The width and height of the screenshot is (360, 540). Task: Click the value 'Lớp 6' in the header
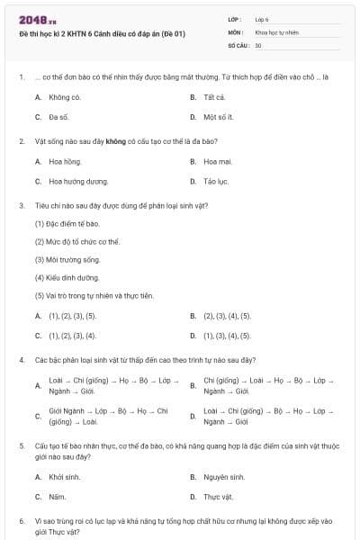[262, 18]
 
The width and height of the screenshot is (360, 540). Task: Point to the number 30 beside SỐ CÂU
[258, 44]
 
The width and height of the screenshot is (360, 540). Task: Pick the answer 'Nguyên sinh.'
[223, 477]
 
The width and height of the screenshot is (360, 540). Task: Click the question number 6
[22, 521]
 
